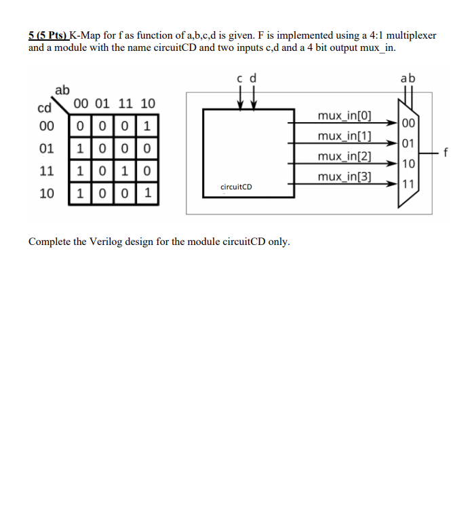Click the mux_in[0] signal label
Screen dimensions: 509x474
(x=344, y=115)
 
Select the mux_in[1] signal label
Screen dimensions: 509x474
(x=344, y=136)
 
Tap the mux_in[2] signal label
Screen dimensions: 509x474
(x=344, y=157)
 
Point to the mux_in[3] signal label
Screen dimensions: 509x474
(x=344, y=177)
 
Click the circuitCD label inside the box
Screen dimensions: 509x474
(x=237, y=186)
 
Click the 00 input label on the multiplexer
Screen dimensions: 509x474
(x=407, y=124)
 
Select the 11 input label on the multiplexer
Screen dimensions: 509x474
(x=407, y=184)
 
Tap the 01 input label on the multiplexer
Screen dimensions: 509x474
(x=407, y=143)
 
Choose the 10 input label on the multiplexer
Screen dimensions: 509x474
(x=407, y=164)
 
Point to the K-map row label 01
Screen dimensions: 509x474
(x=47, y=149)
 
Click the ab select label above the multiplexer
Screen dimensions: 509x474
(x=408, y=79)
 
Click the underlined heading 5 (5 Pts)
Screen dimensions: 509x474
(x=48, y=35)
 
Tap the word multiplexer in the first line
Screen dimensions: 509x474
(x=411, y=35)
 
